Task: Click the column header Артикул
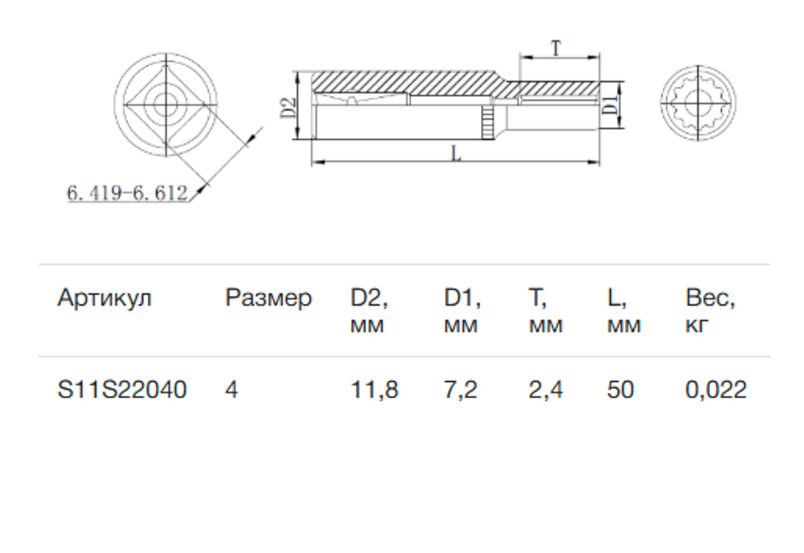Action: [x=104, y=298]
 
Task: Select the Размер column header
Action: [x=268, y=298]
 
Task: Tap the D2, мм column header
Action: [x=369, y=310]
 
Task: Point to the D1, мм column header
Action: [x=463, y=310]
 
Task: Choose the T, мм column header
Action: [x=546, y=310]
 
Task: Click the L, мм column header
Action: [x=624, y=310]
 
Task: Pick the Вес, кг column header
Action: [x=711, y=310]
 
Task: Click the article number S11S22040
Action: [x=122, y=390]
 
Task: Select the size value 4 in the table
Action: [x=231, y=390]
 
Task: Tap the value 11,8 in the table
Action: [x=374, y=390]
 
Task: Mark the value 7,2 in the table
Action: [x=460, y=390]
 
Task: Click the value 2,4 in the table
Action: [x=546, y=390]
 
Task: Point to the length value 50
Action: [x=620, y=390]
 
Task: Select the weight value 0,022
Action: [x=716, y=390]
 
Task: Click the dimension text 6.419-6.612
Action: [x=127, y=193]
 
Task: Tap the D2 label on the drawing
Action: [x=288, y=107]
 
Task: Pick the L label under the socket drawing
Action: [x=456, y=153]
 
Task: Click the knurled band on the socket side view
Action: [x=487, y=122]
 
